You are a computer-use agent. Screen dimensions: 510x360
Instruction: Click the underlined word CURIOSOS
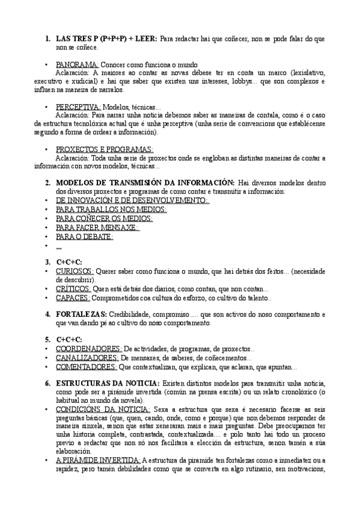coord(75,271)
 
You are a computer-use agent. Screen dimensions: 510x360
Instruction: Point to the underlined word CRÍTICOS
coord(73,289)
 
